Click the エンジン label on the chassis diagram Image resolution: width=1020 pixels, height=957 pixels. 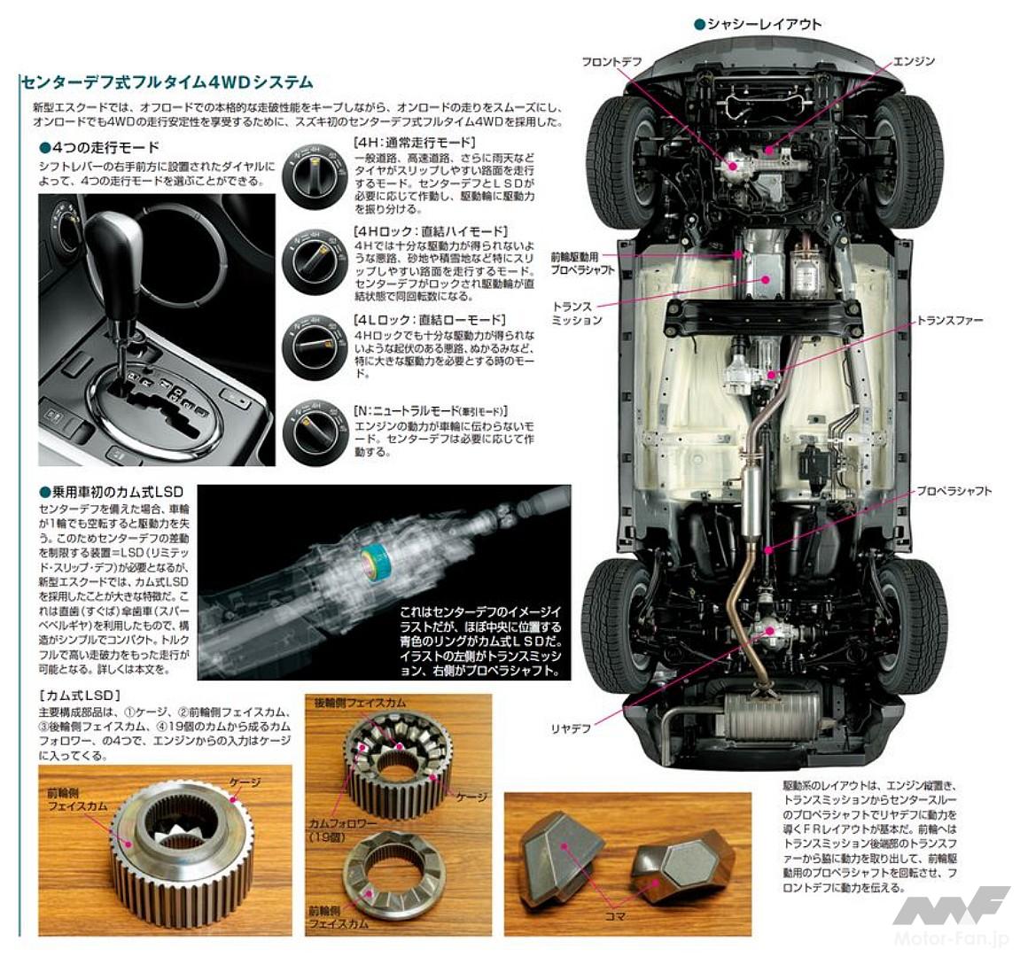(x=914, y=61)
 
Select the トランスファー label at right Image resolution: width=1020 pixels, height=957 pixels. (x=949, y=320)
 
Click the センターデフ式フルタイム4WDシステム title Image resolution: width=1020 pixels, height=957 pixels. (x=167, y=82)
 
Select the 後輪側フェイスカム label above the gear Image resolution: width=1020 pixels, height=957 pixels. (x=359, y=703)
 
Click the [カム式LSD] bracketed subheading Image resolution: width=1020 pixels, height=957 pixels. (x=80, y=696)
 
